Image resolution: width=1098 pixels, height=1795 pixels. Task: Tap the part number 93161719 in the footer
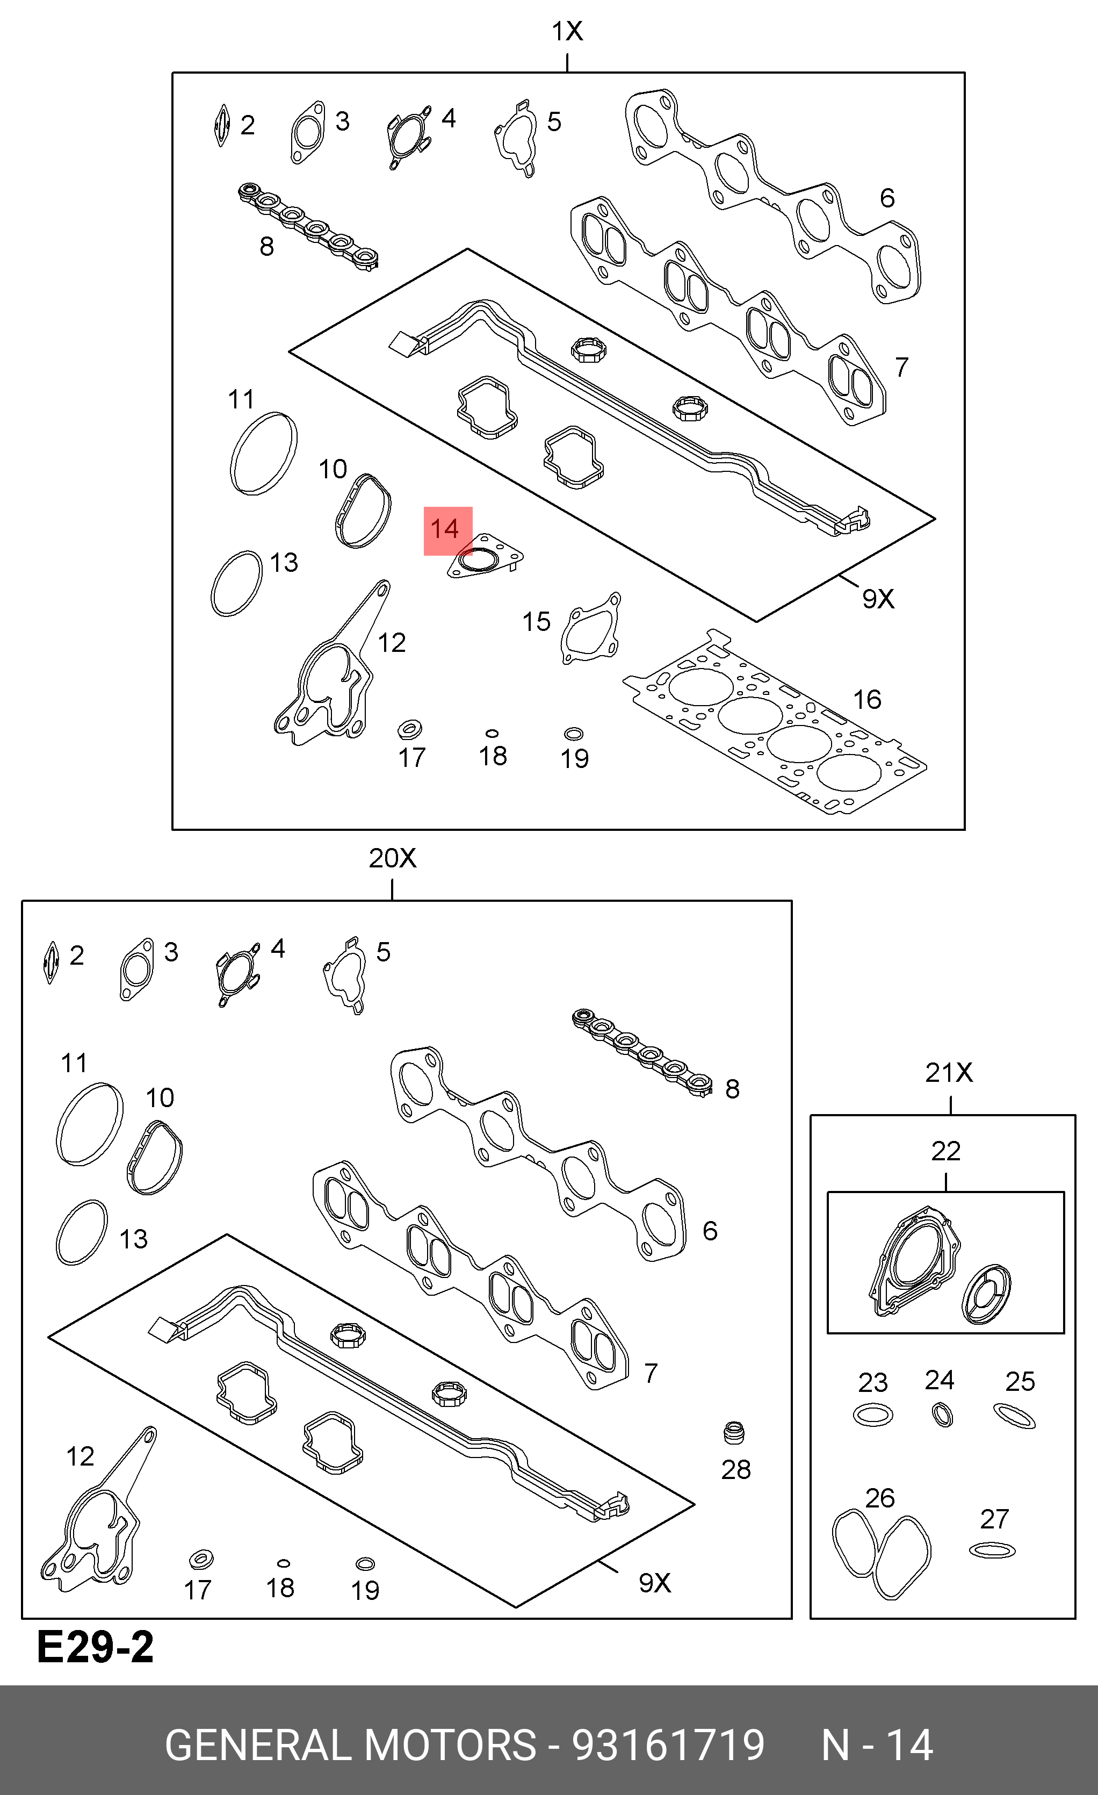[668, 1744]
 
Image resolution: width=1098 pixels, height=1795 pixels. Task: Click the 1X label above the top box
[567, 31]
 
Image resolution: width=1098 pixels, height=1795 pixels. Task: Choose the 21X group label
[949, 1072]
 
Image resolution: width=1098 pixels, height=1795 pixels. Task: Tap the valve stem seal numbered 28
[734, 1432]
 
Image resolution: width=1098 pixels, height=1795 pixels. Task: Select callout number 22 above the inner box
[946, 1151]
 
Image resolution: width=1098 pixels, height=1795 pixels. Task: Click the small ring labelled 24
[942, 1415]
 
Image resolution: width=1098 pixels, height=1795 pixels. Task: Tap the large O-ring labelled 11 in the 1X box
[263, 453]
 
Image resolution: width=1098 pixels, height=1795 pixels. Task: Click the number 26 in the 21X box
[879, 1498]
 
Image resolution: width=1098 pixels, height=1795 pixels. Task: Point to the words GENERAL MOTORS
[350, 1744]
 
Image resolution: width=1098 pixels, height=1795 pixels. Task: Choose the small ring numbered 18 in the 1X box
[492, 734]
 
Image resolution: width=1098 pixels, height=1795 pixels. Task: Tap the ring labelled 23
[873, 1415]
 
